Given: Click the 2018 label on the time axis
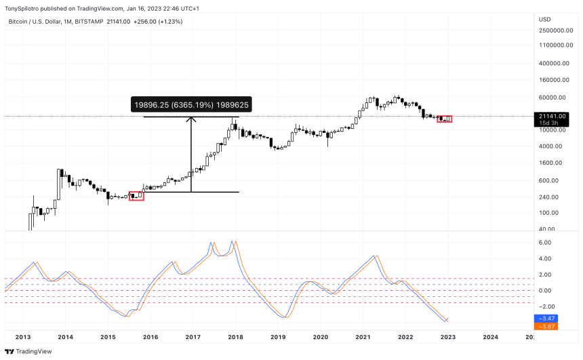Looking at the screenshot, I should [236, 337].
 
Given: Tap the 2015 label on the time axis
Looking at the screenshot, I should [108, 337].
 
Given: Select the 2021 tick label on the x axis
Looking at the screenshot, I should [363, 337].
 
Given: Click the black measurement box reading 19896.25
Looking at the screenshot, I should [191, 105].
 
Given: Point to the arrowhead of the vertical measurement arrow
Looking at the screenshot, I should [191, 121].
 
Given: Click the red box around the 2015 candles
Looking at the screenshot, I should [136, 196].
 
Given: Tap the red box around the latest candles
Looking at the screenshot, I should [445, 119].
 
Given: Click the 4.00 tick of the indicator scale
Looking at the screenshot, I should [544, 258].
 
